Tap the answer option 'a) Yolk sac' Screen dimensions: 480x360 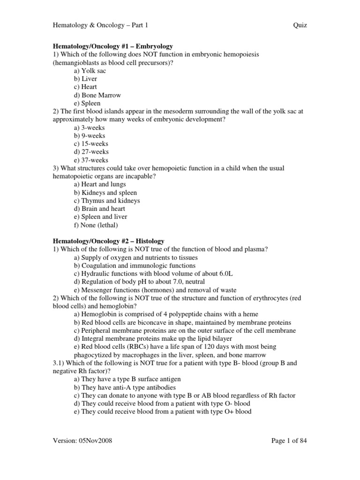pos(90,71)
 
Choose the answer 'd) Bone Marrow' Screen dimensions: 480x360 pos(97,95)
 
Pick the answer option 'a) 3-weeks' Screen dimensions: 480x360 pos(90,127)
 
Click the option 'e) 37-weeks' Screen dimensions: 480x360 pos(91,160)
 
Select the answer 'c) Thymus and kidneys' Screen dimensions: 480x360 pos(107,201)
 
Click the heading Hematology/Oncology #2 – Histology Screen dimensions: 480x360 pos(108,241)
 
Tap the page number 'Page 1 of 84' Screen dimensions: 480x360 pos(289,441)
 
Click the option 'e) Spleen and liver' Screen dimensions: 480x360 pos(101,217)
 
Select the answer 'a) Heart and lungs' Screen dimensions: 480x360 pos(100,184)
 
